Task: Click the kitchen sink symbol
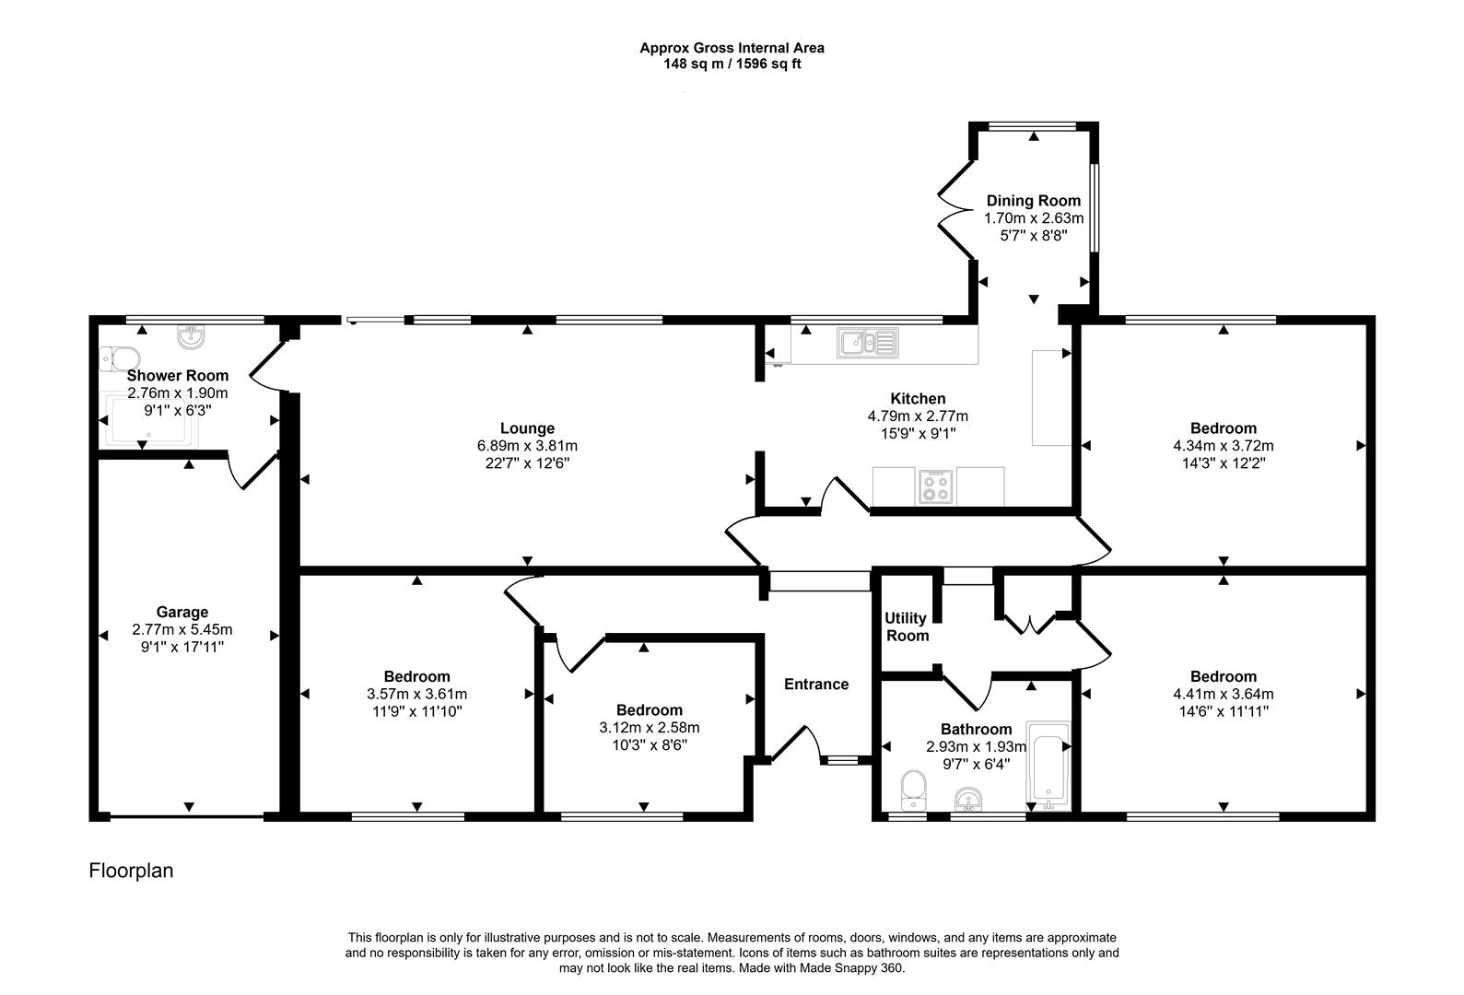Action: (x=867, y=343)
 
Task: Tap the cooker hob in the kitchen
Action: (x=936, y=486)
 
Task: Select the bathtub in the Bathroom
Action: (x=1048, y=765)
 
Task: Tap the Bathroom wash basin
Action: (x=968, y=798)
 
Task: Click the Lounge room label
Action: (x=527, y=427)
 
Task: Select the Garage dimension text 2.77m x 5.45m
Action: (x=182, y=630)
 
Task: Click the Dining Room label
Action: (x=1033, y=201)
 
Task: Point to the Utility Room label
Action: (x=906, y=626)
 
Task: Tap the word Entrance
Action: (x=815, y=684)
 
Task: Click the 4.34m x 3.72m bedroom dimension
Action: (x=1223, y=446)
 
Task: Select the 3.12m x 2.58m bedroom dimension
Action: (x=649, y=728)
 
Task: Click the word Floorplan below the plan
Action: (x=131, y=870)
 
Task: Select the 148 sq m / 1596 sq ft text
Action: (x=732, y=64)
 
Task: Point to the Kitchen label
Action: (x=917, y=398)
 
